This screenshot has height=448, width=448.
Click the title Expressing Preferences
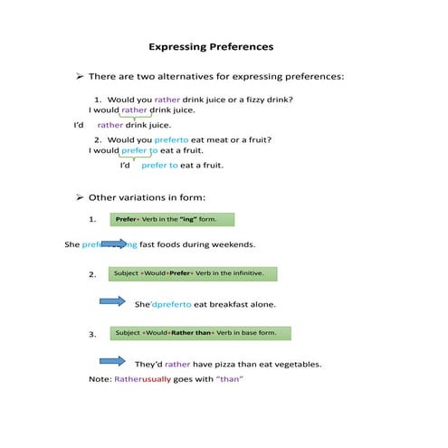210,46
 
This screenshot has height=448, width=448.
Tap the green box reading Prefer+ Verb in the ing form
172,219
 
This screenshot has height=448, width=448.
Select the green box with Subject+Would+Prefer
193,272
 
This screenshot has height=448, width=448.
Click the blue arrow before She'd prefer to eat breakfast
111,301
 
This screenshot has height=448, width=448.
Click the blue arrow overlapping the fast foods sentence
114,243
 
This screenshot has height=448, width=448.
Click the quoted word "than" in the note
230,379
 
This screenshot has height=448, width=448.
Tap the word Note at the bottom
99,379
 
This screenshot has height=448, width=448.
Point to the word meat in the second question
214,140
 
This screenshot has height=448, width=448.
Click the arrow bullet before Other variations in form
80,197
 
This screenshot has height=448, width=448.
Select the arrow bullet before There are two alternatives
80,77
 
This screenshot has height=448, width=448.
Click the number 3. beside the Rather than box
92,335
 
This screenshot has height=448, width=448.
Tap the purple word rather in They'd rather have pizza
177,365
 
